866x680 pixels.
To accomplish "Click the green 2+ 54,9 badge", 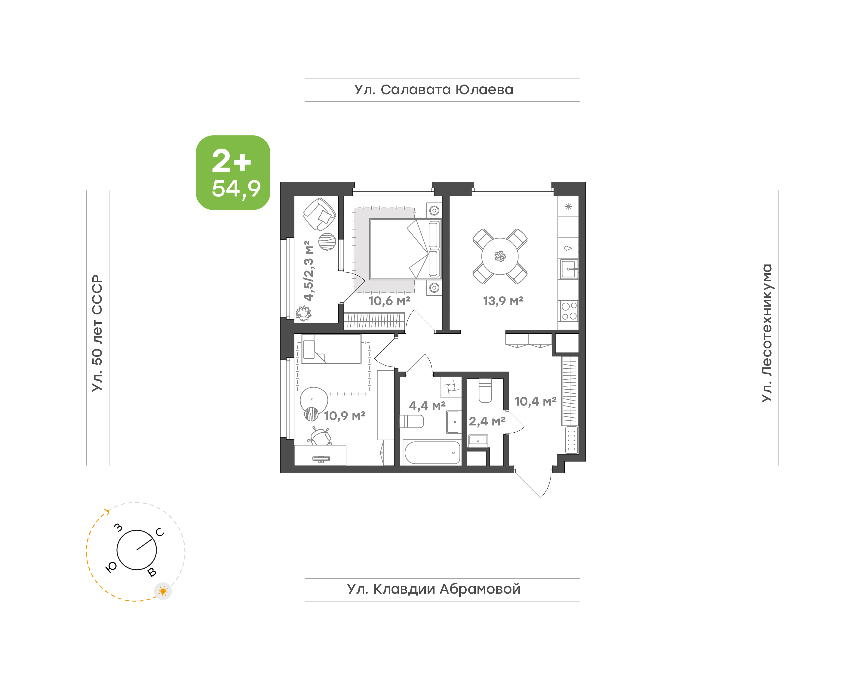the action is (233, 172).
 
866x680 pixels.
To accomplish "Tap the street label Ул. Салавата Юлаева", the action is (434, 90).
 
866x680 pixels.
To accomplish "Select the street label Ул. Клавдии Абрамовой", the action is (434, 589).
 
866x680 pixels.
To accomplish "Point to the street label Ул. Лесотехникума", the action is (766, 333).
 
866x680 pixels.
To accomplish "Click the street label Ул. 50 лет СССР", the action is (97, 333).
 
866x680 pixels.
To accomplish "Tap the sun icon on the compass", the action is (163, 591).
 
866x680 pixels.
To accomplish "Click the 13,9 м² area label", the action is (503, 301).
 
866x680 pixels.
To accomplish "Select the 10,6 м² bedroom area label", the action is (389, 301).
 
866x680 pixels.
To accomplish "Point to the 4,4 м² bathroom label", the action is (427, 406).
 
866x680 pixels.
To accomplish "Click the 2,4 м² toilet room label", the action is (487, 421).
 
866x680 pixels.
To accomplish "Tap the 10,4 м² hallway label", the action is (536, 401).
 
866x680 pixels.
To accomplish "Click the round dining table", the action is (500, 256).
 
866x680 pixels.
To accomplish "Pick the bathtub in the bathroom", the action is (432, 453).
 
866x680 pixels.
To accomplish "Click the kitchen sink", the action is (569, 269).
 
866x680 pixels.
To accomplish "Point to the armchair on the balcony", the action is (319, 214).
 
